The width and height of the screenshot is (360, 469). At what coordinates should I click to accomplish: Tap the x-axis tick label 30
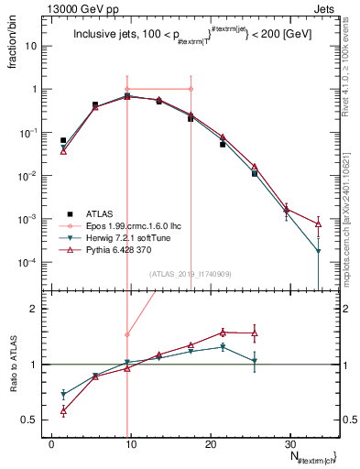pyautogui.click(x=289, y=442)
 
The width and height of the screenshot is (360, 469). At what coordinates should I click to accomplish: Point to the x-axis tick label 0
pyautogui.click(x=51, y=442)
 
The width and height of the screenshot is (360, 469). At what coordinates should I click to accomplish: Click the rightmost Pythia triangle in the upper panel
pyautogui.click(x=318, y=223)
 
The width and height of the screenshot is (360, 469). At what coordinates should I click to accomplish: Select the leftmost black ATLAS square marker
pyautogui.click(x=63, y=140)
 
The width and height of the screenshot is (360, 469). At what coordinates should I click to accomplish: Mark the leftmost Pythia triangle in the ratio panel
pyautogui.click(x=63, y=411)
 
